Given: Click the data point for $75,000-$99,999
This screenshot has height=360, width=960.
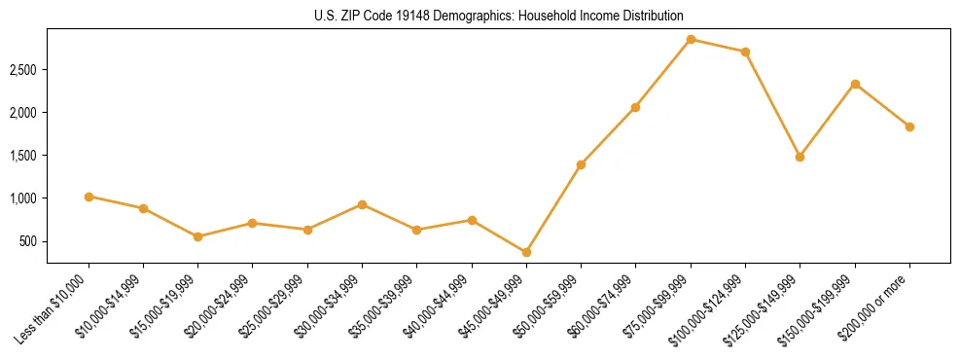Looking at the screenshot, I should [x=691, y=40].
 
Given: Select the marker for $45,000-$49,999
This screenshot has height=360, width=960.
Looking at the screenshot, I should [x=526, y=252].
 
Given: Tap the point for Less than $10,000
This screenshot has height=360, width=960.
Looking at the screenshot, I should [x=89, y=197].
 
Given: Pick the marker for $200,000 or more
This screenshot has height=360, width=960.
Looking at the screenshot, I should [x=909, y=126].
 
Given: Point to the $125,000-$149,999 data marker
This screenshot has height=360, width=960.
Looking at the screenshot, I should [x=800, y=157].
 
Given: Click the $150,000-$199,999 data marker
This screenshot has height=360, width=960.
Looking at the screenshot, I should [x=855, y=84].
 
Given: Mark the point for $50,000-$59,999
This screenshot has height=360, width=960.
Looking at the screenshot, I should [x=581, y=164].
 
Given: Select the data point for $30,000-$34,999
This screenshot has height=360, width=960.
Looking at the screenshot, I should [x=362, y=204].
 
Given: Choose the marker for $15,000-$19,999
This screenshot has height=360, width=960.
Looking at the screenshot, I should [x=198, y=236].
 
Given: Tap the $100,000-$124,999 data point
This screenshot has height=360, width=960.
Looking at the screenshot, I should [x=745, y=52].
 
